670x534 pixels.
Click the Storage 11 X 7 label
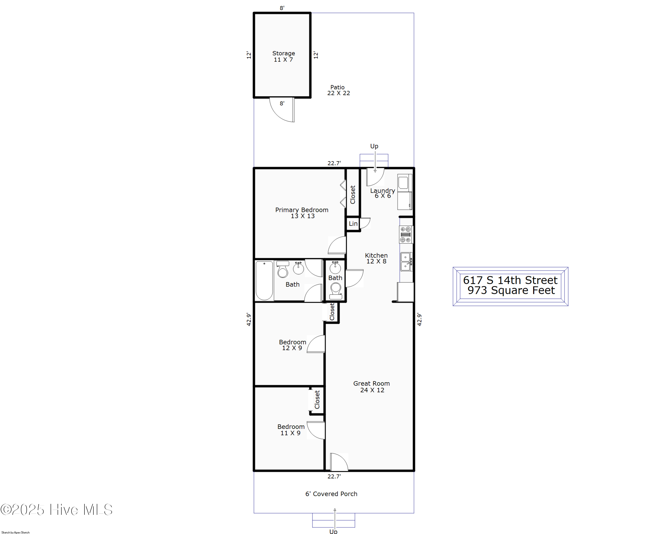pyautogui.click(x=283, y=56)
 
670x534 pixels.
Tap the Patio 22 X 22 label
pyautogui.click(x=338, y=90)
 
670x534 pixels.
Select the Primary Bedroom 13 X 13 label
pyautogui.click(x=302, y=213)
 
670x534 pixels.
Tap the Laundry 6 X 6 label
pyautogui.click(x=382, y=193)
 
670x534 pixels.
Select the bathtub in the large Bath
pyautogui.click(x=264, y=280)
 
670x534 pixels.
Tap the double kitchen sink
pyautogui.click(x=406, y=262)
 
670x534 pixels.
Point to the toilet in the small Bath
pyautogui.click(x=335, y=290)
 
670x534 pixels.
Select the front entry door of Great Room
pyautogui.click(x=339, y=462)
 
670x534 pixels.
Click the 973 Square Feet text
pyautogui.click(x=511, y=290)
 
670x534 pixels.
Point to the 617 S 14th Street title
pyautogui.click(x=510, y=280)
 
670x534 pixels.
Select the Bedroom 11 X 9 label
pyautogui.click(x=291, y=430)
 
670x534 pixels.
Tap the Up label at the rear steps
pyautogui.click(x=374, y=146)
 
